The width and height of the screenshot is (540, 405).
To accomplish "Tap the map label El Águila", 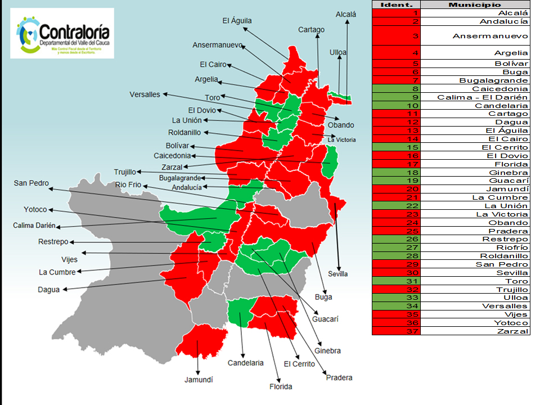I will pyautogui.click(x=237, y=21).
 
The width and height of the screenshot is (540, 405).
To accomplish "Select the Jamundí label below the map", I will pyautogui.click(x=199, y=380).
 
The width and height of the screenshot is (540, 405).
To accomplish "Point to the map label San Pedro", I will pyautogui.click(x=31, y=183).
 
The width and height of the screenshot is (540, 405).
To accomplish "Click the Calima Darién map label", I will pyautogui.click(x=34, y=226).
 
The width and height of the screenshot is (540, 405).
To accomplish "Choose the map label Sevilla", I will pyautogui.click(x=338, y=274).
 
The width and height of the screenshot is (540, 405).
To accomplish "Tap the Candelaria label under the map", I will pyautogui.click(x=245, y=363).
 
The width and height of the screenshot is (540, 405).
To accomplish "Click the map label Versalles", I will pyautogui.click(x=145, y=94).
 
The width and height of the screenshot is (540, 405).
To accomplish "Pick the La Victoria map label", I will pyautogui.click(x=342, y=139).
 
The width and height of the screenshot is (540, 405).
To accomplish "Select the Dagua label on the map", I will pyautogui.click(x=48, y=290).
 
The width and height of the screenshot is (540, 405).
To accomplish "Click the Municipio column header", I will pyautogui.click(x=475, y=4).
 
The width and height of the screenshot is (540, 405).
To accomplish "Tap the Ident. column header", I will pyautogui.click(x=396, y=4).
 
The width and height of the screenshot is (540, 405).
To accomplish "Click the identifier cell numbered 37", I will pyautogui.click(x=396, y=331).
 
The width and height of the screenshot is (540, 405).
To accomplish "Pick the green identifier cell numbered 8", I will pyautogui.click(x=396, y=89).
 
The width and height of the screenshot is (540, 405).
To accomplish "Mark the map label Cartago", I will pyautogui.click(x=311, y=30).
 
